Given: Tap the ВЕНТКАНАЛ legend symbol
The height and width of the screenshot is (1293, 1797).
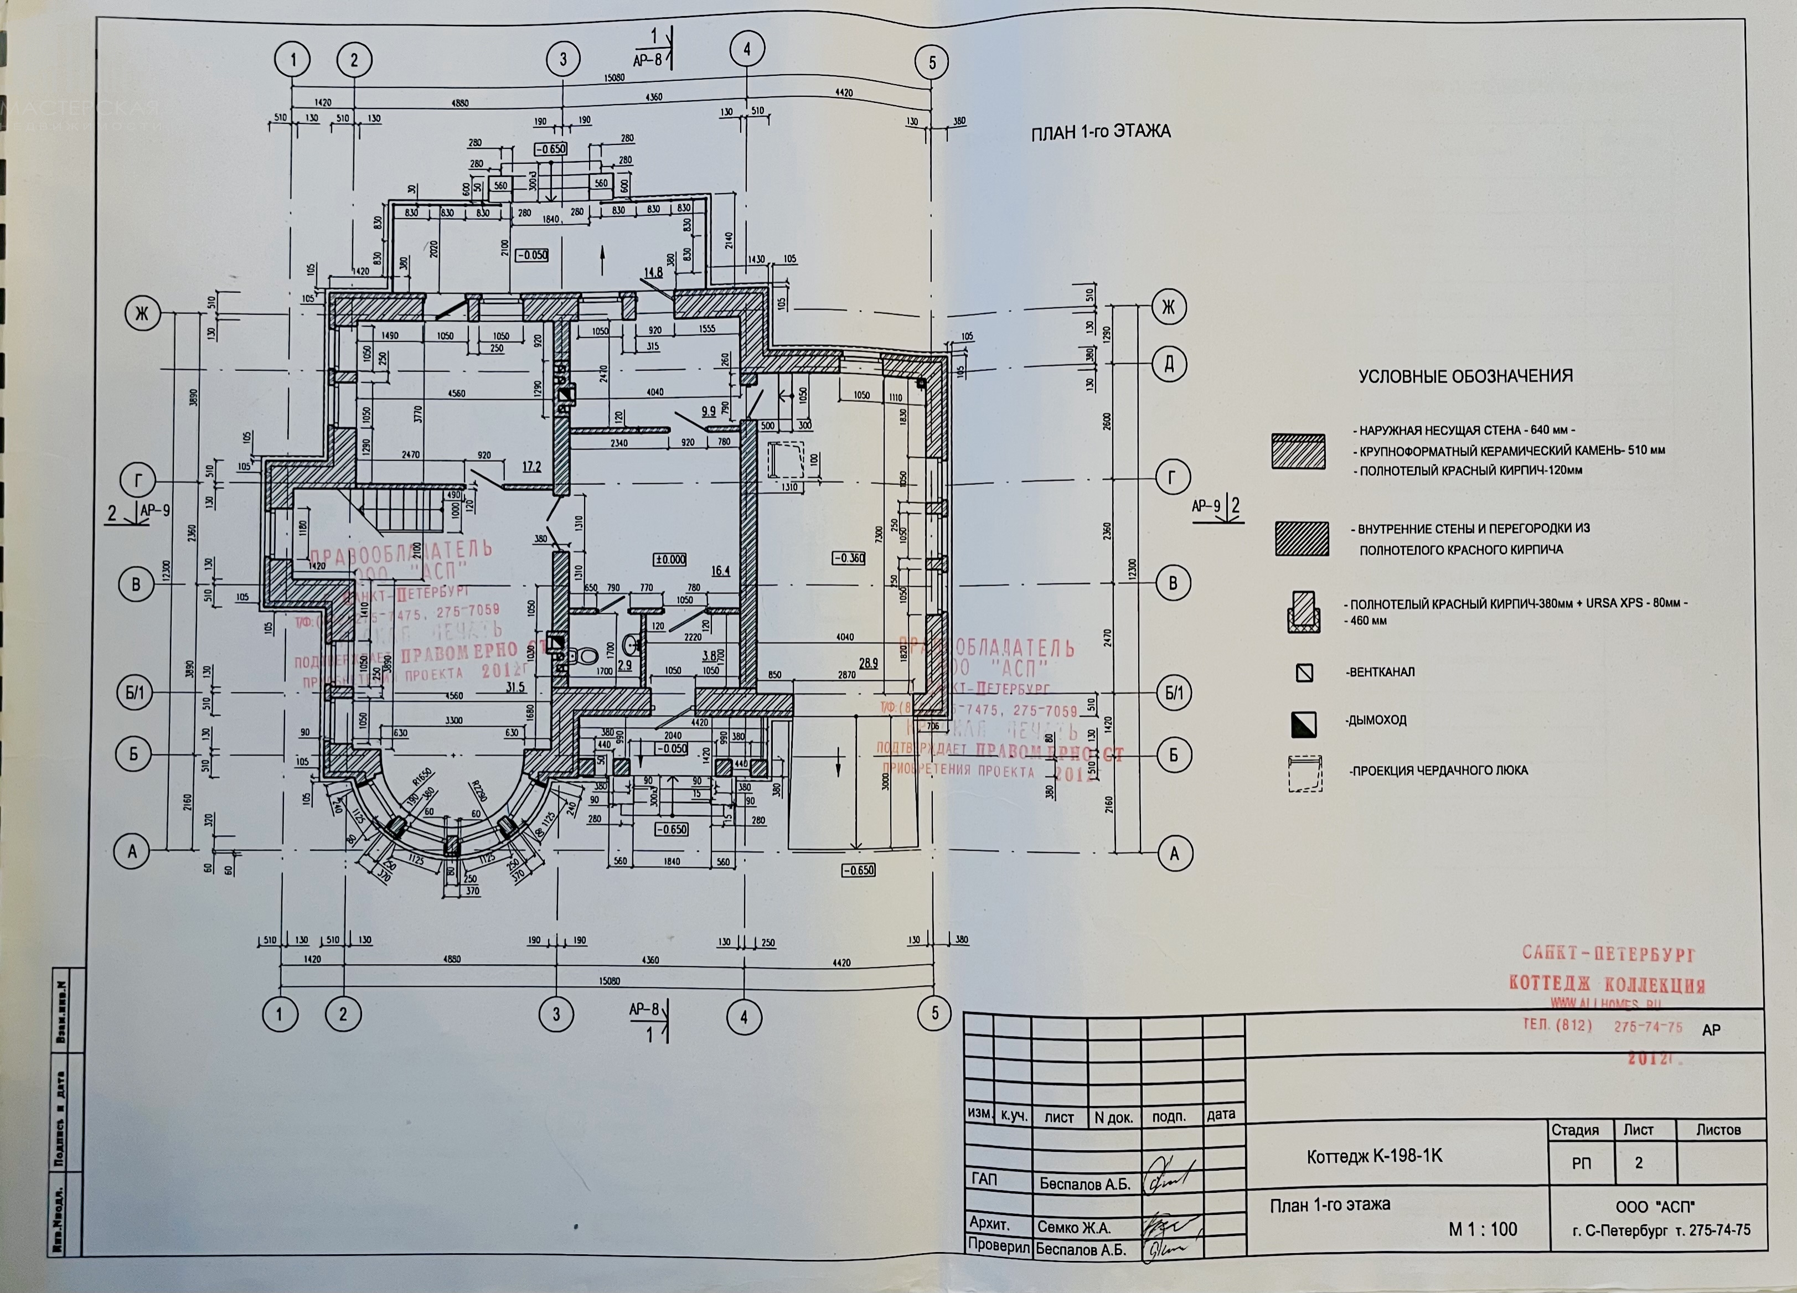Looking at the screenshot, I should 1304,673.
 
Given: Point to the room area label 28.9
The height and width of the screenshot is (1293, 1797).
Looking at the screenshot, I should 869,663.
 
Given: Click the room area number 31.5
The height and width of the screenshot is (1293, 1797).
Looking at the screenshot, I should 515,687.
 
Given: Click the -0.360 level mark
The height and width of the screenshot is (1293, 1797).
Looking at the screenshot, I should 849,558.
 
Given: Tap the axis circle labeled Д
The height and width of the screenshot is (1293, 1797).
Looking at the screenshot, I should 1169,364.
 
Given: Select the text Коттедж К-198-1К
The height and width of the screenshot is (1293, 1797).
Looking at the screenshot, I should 1374,1156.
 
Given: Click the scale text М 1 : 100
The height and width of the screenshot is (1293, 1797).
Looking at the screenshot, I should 1483,1229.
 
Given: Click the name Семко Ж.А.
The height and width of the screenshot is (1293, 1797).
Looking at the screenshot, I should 1073,1227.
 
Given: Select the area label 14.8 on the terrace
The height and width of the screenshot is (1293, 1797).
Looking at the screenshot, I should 653,272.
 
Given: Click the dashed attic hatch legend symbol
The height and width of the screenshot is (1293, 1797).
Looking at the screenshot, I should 1304,773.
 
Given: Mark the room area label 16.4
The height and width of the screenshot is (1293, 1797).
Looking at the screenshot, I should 720,571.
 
